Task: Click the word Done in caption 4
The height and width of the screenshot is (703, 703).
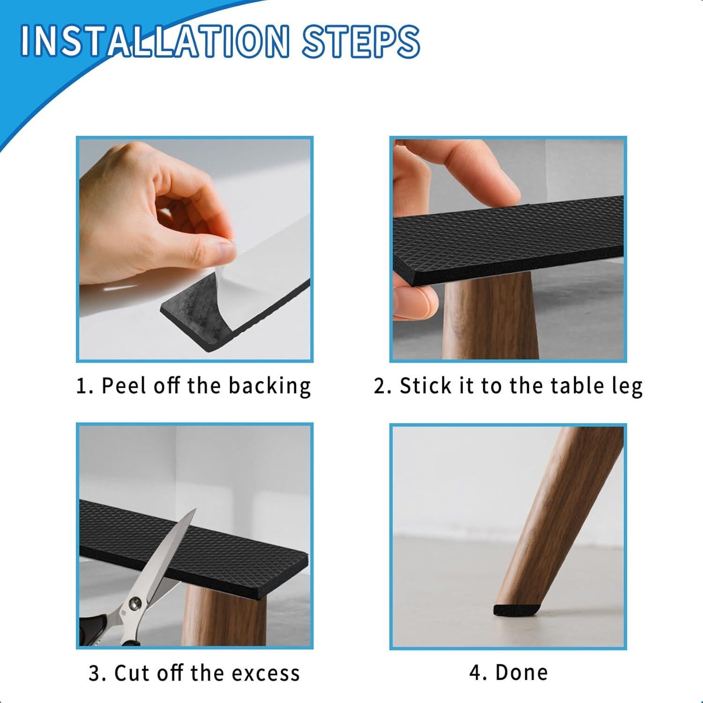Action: [x=521, y=673]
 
